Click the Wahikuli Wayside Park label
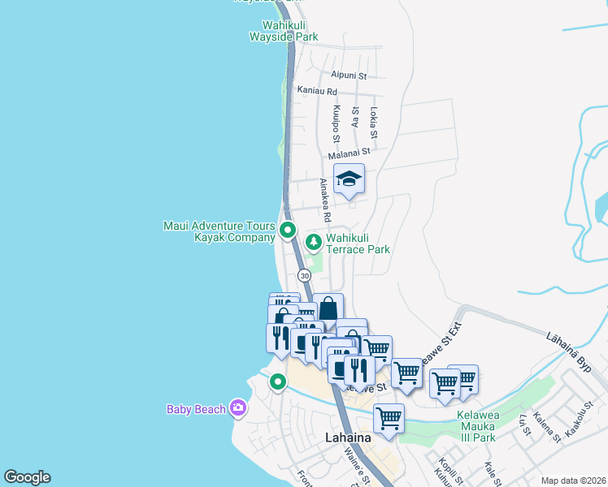[x=283, y=30]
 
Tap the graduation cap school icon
[x=350, y=179]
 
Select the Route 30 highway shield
[x=304, y=276]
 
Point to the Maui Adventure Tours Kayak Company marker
[x=287, y=231]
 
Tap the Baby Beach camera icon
[x=237, y=407]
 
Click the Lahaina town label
[x=348, y=437]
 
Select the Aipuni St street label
[x=349, y=75]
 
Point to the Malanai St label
[x=350, y=152]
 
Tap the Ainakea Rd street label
[x=324, y=200]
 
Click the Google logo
[x=27, y=477]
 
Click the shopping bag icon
[x=328, y=308]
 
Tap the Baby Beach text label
[x=196, y=409]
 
